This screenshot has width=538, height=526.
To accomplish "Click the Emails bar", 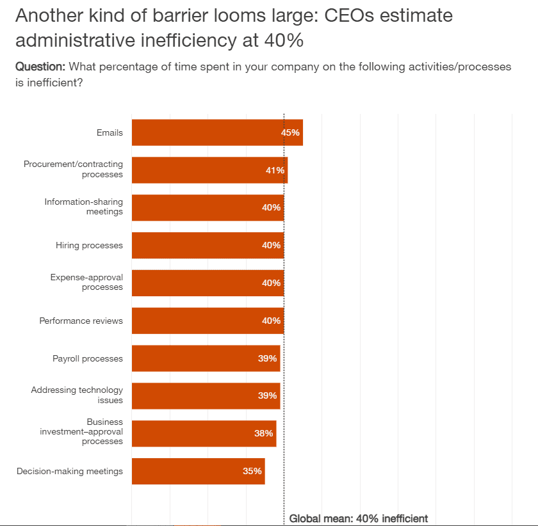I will [205, 132].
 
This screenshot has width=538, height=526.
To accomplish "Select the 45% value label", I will [290, 132].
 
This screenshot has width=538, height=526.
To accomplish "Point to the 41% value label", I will [275, 170].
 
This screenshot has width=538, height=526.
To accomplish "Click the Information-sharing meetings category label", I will [83, 207].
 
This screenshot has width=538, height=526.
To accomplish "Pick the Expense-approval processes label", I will [86, 282].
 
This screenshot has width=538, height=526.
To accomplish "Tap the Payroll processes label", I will [87, 358].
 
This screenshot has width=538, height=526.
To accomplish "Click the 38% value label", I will [263, 433].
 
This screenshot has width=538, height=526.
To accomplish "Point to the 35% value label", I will [252, 471].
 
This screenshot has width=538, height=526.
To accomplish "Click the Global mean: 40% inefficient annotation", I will [358, 518].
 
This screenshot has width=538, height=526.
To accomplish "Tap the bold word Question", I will [40, 67].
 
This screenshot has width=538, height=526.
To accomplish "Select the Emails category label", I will [110, 132].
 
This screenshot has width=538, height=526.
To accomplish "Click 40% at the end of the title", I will [284, 41].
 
